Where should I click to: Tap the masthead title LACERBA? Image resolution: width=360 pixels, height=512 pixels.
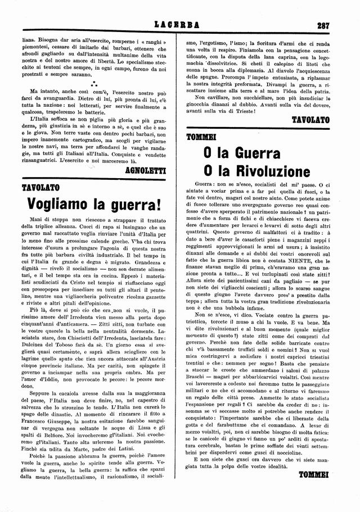click(179, 25)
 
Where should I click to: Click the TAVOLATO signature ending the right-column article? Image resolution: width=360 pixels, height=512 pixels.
click(311, 120)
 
